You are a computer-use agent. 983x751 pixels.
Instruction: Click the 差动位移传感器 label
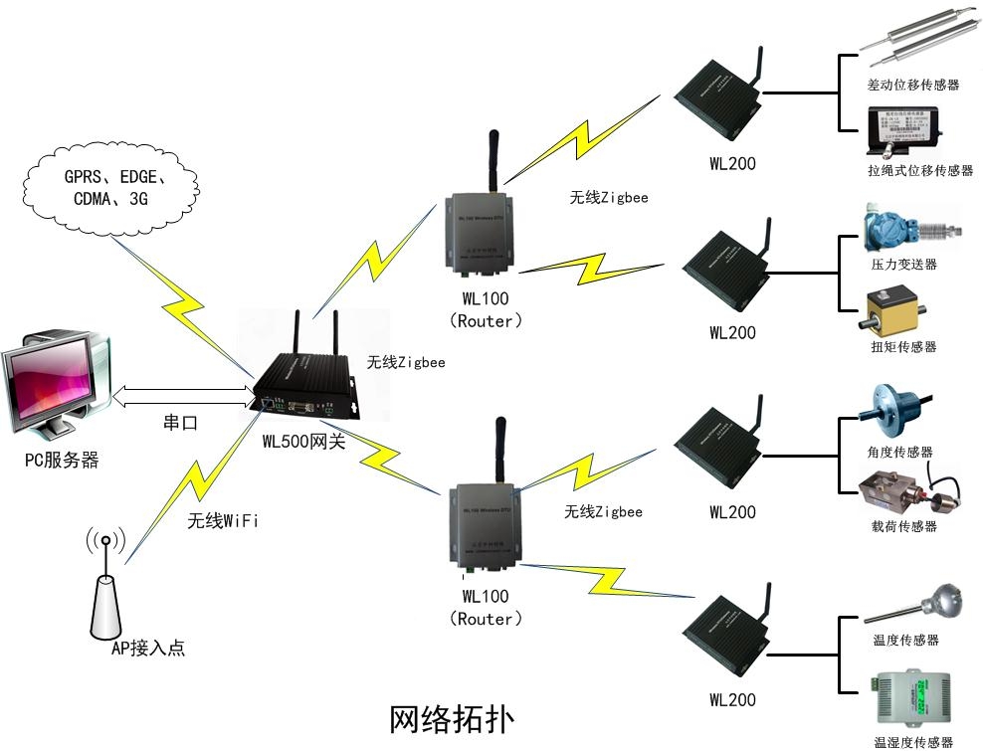pyautogui.click(x=913, y=86)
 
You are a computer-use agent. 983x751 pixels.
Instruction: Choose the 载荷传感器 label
pyautogui.click(x=903, y=526)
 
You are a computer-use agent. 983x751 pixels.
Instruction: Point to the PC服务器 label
pyautogui.click(x=63, y=461)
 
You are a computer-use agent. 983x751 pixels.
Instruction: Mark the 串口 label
pyautogui.click(x=180, y=423)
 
